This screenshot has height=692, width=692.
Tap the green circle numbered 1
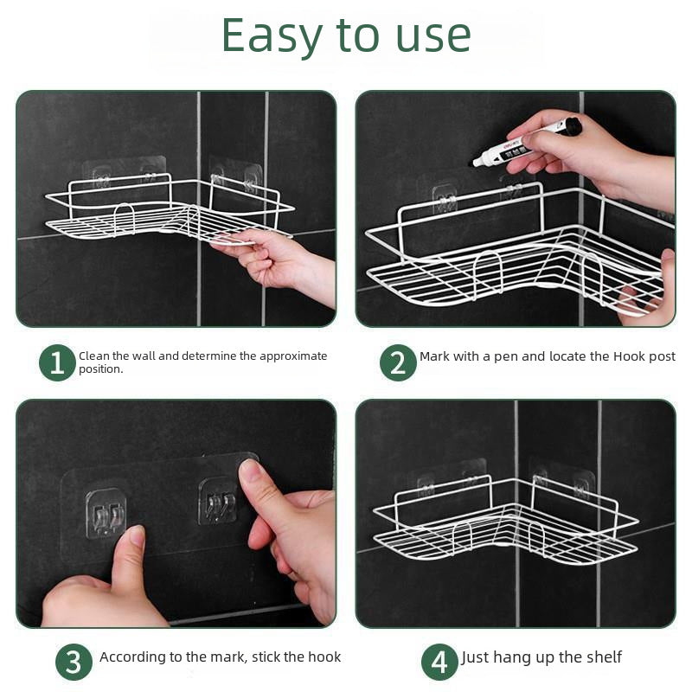coord(57,362)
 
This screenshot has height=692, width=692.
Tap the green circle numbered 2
coord(398,362)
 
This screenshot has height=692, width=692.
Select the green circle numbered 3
coord(74,663)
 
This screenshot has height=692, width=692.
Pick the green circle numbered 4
coord(439,663)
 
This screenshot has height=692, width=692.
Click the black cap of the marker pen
coord(570,127)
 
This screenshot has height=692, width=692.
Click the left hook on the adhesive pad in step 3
coord(105,511)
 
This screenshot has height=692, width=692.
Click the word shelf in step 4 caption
coord(602,657)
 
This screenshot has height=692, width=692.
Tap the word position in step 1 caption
coord(99,369)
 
